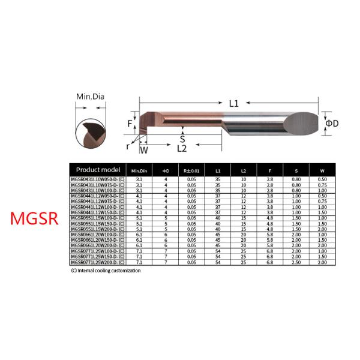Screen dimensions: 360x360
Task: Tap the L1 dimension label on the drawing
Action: pyautogui.click(x=234, y=103)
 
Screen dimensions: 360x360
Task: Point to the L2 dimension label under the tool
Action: pyautogui.click(x=182, y=148)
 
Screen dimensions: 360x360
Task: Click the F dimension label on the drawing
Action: pyautogui.click(x=130, y=124)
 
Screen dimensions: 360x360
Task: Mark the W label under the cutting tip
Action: pyautogui.click(x=143, y=149)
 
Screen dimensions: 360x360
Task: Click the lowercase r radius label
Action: pyautogui.click(x=128, y=145)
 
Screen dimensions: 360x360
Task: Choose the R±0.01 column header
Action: pyautogui.click(x=191, y=171)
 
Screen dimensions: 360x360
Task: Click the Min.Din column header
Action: pyautogui.click(x=140, y=171)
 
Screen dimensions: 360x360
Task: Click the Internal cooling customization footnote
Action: pyautogui.click(x=106, y=271)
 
